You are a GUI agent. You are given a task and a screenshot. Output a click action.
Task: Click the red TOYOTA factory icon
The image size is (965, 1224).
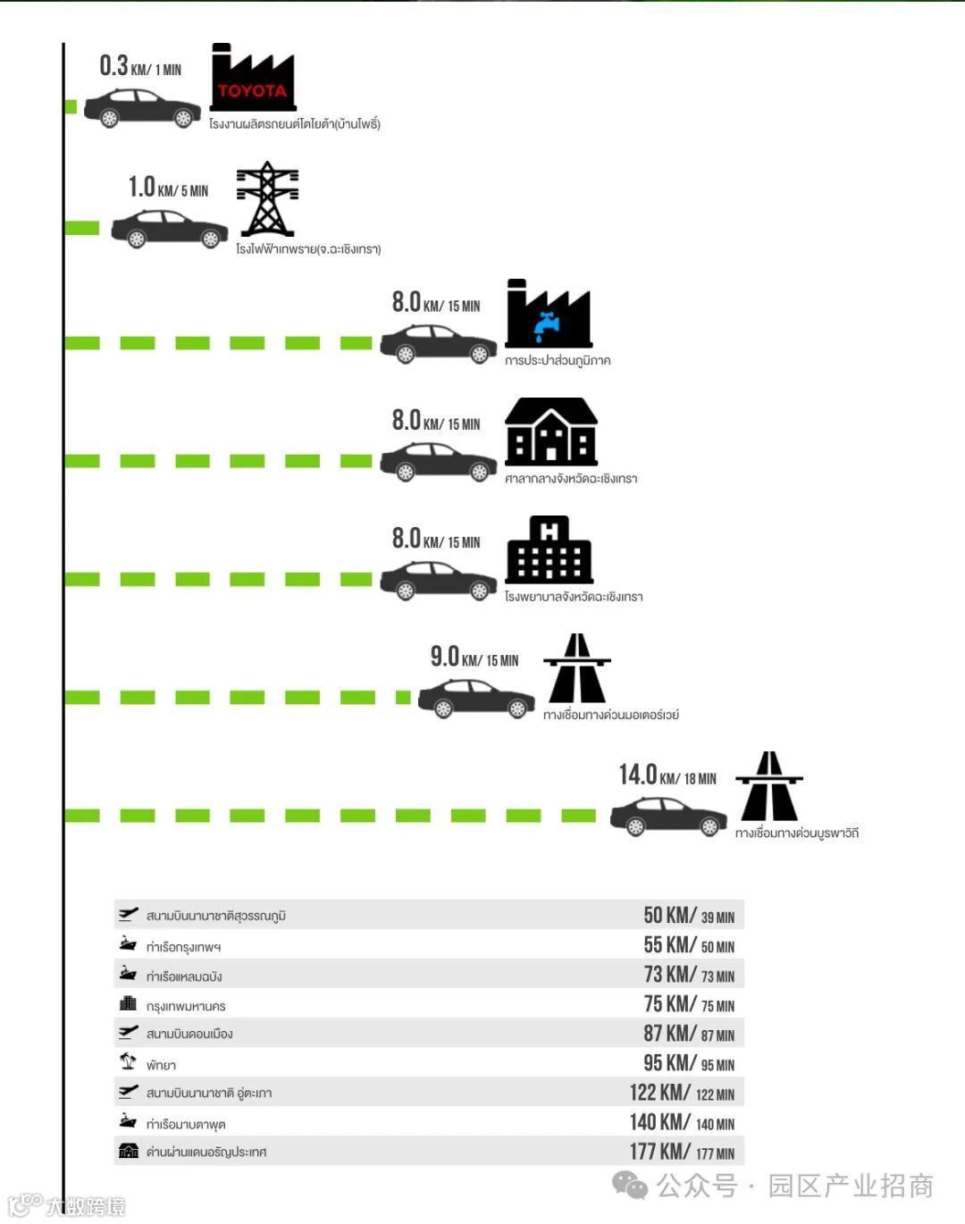tap(253, 79)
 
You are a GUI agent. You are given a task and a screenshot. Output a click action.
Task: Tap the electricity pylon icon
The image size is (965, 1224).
tap(267, 198)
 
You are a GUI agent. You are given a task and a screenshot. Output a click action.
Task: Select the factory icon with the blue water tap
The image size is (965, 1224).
tap(549, 314)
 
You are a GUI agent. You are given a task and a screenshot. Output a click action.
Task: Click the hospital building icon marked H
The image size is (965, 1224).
tap(550, 549)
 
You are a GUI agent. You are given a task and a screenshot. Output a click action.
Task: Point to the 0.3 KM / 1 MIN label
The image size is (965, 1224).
tap(140, 67)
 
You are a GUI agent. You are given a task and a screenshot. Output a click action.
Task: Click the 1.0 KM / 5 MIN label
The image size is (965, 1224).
tap(168, 188)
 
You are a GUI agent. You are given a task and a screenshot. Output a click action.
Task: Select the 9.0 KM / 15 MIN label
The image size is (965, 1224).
tap(474, 658)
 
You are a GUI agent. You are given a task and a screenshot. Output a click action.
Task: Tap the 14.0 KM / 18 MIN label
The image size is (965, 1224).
tap(667, 775)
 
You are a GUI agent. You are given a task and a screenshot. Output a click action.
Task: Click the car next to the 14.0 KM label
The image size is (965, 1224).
tap(668, 816)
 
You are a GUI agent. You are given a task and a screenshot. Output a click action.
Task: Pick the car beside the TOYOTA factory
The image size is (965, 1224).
tap(142, 108)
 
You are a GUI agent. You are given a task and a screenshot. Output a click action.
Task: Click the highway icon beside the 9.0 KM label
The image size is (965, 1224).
tap(577, 668)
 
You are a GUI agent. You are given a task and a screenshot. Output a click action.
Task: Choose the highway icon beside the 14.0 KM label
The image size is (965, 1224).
tap(769, 786)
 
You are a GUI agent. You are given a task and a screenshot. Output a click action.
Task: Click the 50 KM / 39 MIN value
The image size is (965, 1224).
tap(689, 916)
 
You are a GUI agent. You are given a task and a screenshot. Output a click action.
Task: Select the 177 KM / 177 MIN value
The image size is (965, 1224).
tap(682, 1152)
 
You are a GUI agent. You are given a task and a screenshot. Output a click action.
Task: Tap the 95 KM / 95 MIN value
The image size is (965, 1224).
tap(689, 1063)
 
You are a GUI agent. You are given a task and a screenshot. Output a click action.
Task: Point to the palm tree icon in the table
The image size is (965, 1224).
tap(128, 1061)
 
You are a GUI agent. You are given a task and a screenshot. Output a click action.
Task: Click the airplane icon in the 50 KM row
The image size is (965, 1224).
tap(129, 914)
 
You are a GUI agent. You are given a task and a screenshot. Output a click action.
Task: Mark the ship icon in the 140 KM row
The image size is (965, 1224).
tap(129, 1121)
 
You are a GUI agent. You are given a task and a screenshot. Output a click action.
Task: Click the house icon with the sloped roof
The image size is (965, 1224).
tap(551, 432)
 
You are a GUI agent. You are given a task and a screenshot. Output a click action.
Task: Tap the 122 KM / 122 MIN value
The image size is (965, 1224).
tap(682, 1093)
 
